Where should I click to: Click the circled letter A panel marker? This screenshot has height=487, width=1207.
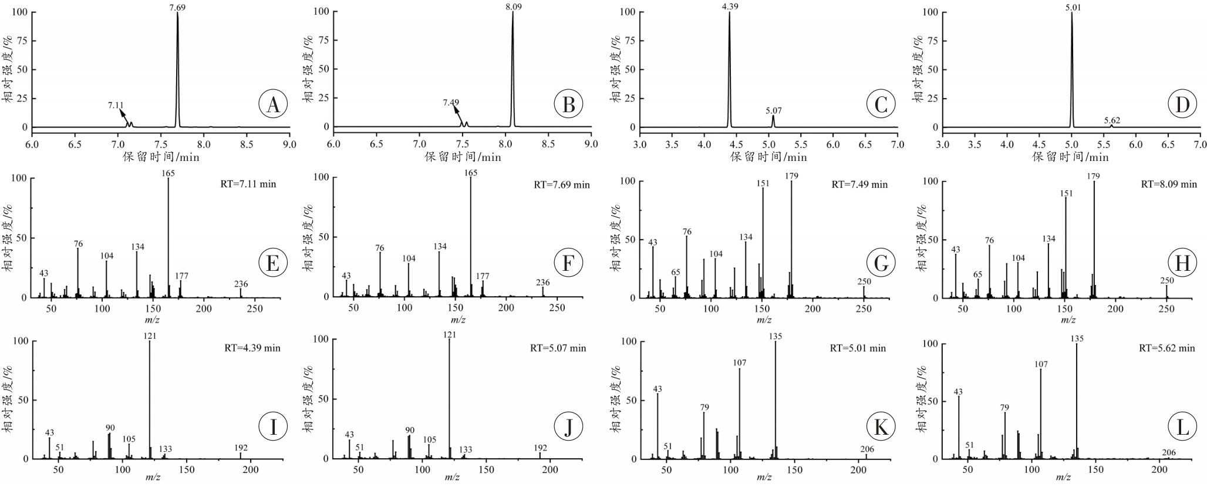pos(272,105)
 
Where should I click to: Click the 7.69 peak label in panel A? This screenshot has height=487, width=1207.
pos(177,6)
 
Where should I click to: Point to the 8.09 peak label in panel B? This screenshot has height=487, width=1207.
pos(513,6)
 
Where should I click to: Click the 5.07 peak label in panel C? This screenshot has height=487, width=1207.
pos(773,110)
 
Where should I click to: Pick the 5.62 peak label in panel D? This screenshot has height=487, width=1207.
pos(1111,120)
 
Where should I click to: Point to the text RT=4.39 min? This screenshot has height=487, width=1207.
pos(252,348)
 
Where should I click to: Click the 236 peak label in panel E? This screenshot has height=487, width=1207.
pos(241,284)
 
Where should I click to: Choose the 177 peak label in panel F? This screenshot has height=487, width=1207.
pos(483,276)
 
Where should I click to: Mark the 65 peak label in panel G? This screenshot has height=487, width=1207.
pos(675,272)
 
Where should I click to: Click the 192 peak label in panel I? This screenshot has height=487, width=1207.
pos(241,448)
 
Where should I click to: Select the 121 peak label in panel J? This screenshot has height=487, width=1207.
pos(450,335)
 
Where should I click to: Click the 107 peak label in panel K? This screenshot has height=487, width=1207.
pos(740,363)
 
